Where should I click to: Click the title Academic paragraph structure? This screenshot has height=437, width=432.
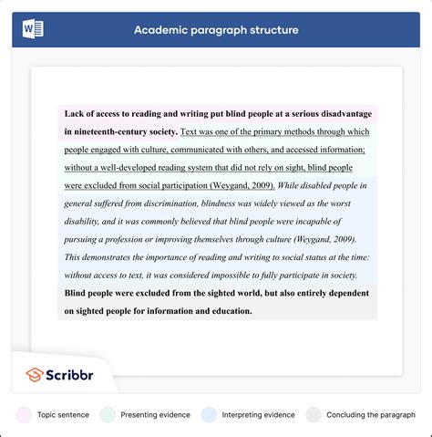[216, 30]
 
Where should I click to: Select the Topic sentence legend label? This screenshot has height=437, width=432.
[63, 414]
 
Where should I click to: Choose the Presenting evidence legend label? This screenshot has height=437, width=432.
[152, 414]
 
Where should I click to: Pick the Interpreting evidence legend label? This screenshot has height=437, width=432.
[252, 414]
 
